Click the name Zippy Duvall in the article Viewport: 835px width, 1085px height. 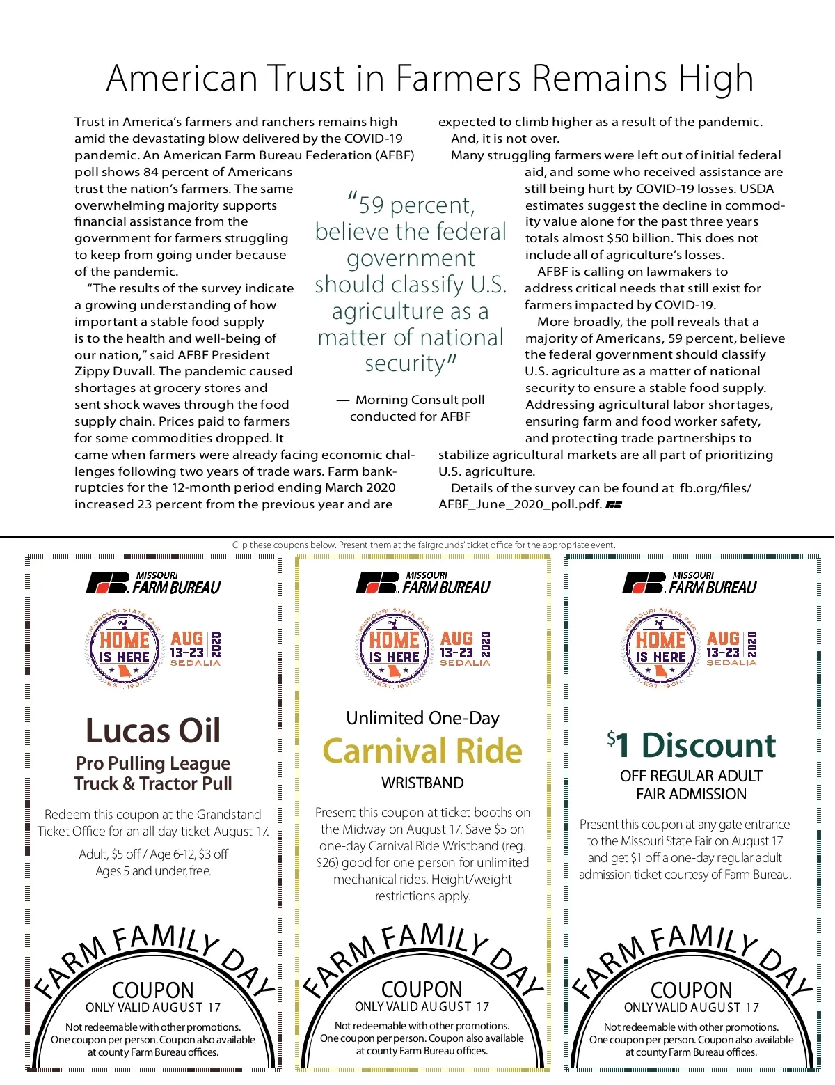(x=114, y=371)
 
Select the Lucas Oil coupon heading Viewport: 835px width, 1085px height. (x=153, y=731)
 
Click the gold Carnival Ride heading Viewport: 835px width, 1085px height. (x=422, y=751)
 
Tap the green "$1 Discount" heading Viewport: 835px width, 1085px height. (x=691, y=745)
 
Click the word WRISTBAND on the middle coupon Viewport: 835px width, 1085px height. (x=422, y=783)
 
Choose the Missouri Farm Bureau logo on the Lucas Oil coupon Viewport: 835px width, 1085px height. (x=153, y=583)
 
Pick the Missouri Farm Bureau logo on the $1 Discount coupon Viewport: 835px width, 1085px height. (x=690, y=583)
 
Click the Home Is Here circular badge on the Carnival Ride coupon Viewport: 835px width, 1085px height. (x=394, y=648)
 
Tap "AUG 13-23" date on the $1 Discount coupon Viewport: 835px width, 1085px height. (x=723, y=645)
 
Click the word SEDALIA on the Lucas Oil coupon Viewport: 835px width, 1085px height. (x=196, y=664)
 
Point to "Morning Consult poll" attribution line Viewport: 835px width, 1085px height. (x=420, y=400)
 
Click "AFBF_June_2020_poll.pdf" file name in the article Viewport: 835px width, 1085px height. (x=520, y=504)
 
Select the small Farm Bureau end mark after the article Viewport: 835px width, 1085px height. (x=614, y=504)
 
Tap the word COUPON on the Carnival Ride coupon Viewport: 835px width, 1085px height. (x=422, y=990)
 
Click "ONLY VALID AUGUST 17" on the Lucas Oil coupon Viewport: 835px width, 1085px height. (x=153, y=1008)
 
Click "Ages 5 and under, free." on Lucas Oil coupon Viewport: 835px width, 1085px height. (x=153, y=871)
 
